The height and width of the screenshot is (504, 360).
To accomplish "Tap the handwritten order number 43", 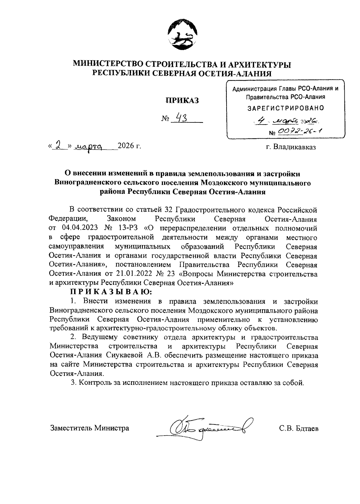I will [181, 118].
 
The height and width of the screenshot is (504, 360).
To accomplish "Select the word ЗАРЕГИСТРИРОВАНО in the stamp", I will [286, 108].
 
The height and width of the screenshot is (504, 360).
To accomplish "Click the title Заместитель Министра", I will [89, 428].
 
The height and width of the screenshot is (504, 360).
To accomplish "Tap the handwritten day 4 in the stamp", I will [262, 121].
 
